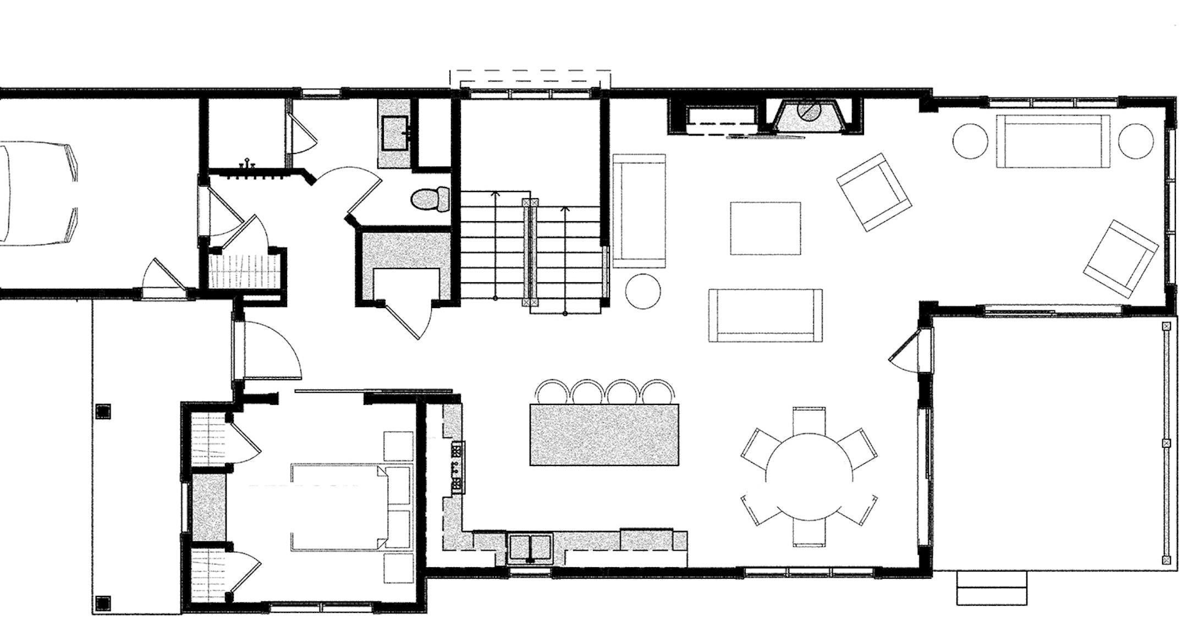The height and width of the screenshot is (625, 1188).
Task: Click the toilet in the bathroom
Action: (x=431, y=199)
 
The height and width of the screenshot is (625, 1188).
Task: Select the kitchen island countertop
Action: (x=604, y=435)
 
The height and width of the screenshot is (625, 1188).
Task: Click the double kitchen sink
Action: (x=530, y=547)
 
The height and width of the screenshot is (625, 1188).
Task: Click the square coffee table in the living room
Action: (x=765, y=228)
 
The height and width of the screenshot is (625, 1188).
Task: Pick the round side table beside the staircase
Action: (x=643, y=292)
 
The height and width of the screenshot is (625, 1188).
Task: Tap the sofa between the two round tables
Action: (x=1052, y=141)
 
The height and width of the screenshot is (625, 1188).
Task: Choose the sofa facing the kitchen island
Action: (x=766, y=315)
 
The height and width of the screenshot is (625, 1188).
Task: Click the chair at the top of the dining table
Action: (x=809, y=419)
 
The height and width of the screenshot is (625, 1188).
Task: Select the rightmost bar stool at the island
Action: (x=658, y=392)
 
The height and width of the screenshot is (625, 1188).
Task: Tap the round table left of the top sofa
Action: (x=970, y=141)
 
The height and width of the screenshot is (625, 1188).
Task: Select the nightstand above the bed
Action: (x=398, y=446)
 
